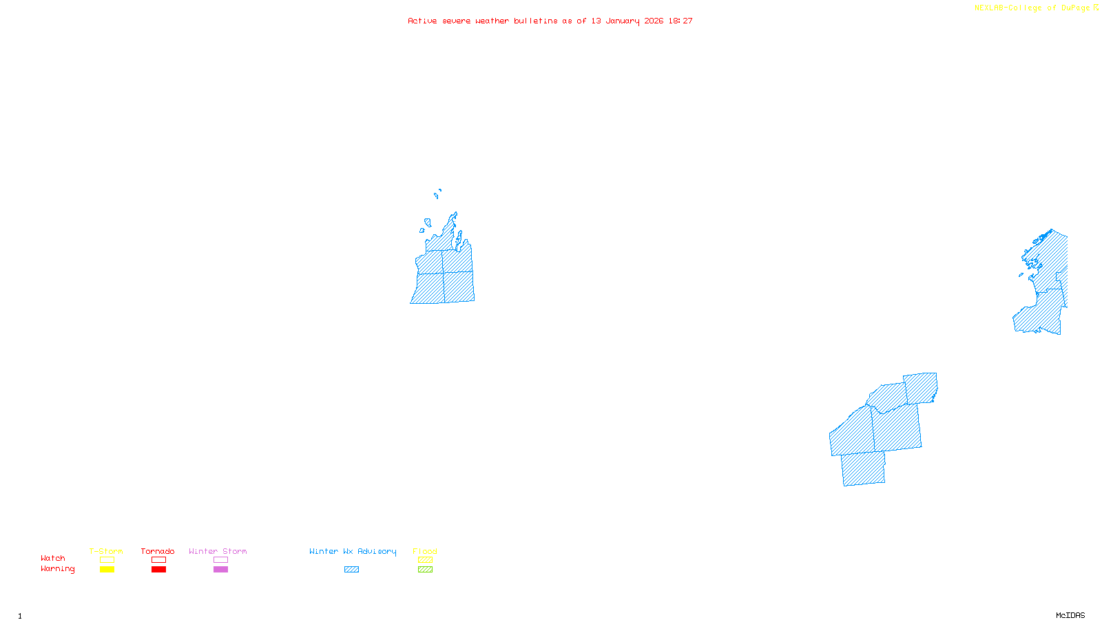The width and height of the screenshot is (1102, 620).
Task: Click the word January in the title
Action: click(622, 21)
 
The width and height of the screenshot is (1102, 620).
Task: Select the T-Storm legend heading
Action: click(106, 551)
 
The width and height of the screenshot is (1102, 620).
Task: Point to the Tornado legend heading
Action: click(158, 551)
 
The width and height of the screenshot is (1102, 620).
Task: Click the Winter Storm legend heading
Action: click(218, 551)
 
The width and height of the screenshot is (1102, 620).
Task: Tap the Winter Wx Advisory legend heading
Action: click(353, 551)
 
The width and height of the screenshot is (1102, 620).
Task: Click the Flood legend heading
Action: click(425, 551)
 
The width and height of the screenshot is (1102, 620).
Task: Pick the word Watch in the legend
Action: click(53, 558)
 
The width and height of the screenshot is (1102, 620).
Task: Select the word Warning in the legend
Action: click(57, 569)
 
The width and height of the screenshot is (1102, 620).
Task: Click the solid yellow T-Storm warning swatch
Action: click(107, 570)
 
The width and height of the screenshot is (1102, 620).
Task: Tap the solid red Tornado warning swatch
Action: click(158, 570)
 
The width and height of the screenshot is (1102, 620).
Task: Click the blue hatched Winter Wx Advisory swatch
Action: click(351, 570)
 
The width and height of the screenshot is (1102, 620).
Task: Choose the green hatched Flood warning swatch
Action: click(425, 570)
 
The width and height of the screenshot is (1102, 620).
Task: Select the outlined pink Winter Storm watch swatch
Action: click(220, 560)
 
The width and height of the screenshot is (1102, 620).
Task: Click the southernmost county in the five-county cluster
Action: click(863, 468)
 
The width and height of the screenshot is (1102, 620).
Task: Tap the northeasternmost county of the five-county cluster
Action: click(921, 388)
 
